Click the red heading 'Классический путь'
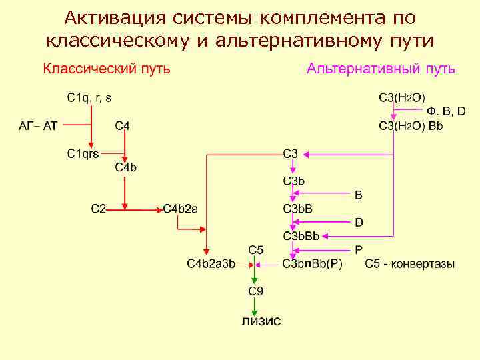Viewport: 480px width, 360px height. (107, 69)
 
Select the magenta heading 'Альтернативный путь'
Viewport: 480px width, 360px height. (381, 69)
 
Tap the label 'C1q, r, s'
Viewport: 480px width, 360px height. (89, 97)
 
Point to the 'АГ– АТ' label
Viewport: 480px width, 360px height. (38, 125)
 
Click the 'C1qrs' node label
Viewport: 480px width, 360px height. (83, 153)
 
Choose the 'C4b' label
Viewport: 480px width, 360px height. (126, 167)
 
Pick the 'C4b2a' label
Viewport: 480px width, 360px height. (180, 209)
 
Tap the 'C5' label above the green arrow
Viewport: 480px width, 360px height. (255, 250)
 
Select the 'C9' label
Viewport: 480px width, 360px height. (255, 291)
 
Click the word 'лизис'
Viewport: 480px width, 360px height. (261, 321)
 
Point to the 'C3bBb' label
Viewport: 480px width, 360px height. (301, 236)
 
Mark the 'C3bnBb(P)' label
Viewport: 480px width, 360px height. (312, 264)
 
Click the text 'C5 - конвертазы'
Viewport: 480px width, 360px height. (410, 264)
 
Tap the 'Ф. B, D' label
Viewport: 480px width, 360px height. (446, 111)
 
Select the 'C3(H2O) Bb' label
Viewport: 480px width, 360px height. (411, 125)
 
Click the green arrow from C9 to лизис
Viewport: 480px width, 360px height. (254, 306)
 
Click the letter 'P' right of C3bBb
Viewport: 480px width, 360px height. (359, 250)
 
